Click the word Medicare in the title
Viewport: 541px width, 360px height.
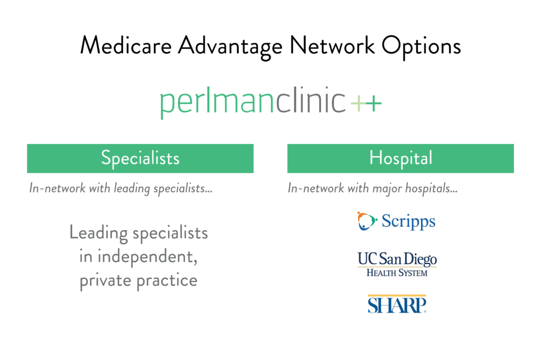click(125, 46)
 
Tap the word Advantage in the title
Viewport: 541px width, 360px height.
click(230, 46)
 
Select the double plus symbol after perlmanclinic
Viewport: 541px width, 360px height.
click(366, 104)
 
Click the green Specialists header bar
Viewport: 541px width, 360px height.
click(140, 158)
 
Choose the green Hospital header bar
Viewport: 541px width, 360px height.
click(400, 158)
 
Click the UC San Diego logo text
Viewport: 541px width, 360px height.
click(397, 259)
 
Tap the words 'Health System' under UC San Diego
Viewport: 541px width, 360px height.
click(397, 272)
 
